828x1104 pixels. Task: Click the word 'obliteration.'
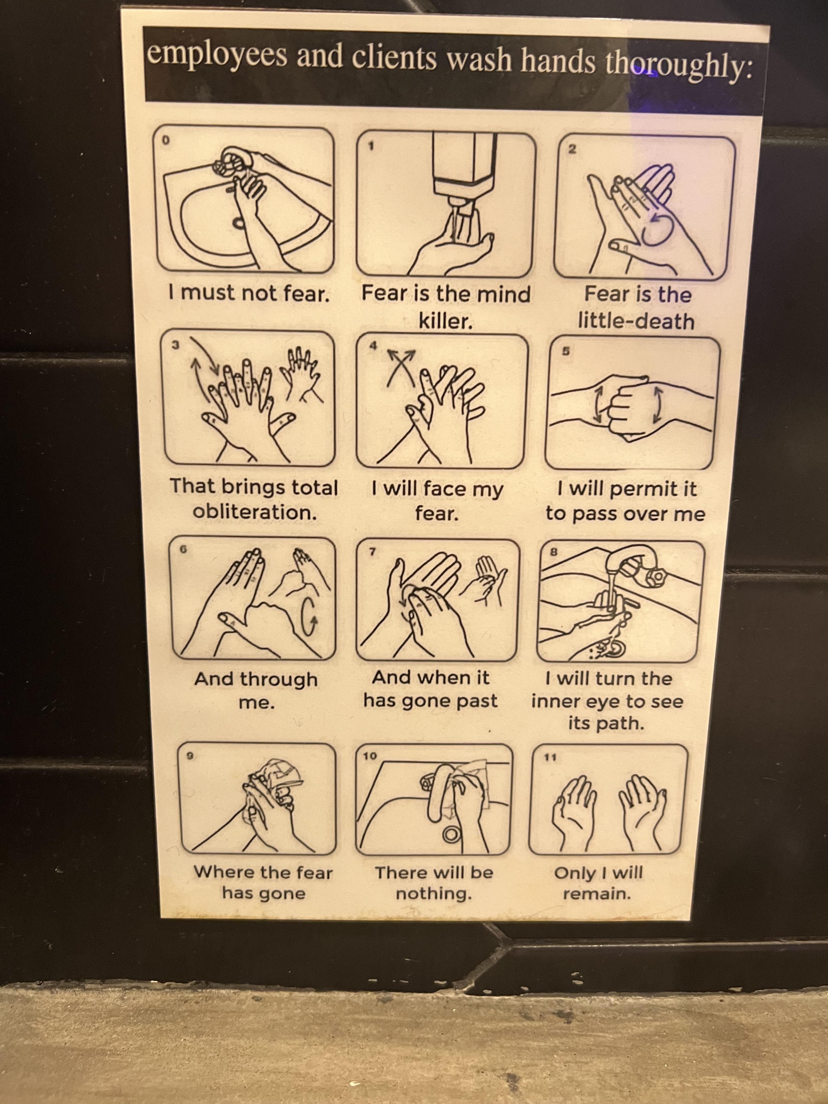click(x=255, y=512)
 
